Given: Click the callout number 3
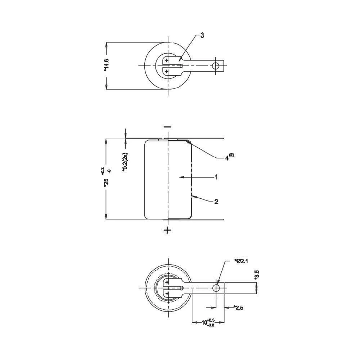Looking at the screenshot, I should click(x=202, y=35).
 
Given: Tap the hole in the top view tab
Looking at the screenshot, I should click(x=216, y=66).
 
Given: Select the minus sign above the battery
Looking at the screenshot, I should click(x=167, y=127).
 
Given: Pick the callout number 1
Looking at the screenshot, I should click(x=216, y=177).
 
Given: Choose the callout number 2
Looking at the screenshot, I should click(x=216, y=202).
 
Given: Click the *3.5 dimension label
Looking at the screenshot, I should click(x=256, y=275).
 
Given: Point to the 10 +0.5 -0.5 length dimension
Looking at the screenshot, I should click(x=208, y=322).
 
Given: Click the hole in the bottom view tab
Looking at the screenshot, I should click(x=216, y=288).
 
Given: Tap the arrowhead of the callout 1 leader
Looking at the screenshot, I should click(x=181, y=177).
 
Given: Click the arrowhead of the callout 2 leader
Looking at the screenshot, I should click(x=193, y=197).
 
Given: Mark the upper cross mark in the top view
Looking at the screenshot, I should click(x=167, y=60).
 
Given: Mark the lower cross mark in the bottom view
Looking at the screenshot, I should click(x=167, y=294).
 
